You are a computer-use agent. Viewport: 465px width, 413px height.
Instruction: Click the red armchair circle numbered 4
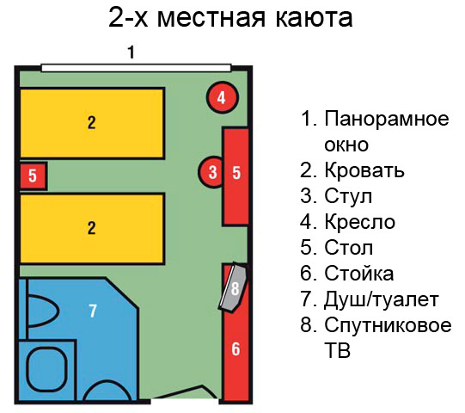click(x=223, y=97)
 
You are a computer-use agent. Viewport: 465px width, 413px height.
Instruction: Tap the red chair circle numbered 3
click(x=211, y=172)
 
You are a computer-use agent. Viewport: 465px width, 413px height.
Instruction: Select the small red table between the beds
click(x=33, y=176)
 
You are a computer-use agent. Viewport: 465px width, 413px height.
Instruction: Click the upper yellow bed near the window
click(x=92, y=123)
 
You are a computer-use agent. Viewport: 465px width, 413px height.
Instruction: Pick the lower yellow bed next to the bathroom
click(x=92, y=228)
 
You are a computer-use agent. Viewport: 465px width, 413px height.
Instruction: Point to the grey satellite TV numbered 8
click(x=234, y=287)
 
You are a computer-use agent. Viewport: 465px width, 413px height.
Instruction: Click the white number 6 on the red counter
click(x=236, y=348)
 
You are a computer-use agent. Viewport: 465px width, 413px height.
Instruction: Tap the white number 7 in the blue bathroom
click(x=93, y=311)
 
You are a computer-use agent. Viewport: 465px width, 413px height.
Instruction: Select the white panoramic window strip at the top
click(x=136, y=68)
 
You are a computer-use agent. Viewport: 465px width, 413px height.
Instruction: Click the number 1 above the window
click(x=132, y=52)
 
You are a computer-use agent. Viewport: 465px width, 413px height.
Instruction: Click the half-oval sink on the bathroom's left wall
click(x=43, y=311)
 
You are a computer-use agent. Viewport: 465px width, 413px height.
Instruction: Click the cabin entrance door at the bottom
click(x=186, y=392)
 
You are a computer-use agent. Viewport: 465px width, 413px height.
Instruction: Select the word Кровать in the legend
click(x=364, y=170)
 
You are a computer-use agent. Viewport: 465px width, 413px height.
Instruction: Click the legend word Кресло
click(x=360, y=222)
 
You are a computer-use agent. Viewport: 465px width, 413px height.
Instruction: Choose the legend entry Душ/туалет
click(x=382, y=300)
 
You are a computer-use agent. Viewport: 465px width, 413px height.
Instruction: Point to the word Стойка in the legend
click(x=359, y=274)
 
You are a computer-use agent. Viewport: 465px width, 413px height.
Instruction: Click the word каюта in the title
click(x=315, y=17)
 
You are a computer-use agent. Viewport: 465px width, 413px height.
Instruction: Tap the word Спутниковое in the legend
click(x=388, y=326)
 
